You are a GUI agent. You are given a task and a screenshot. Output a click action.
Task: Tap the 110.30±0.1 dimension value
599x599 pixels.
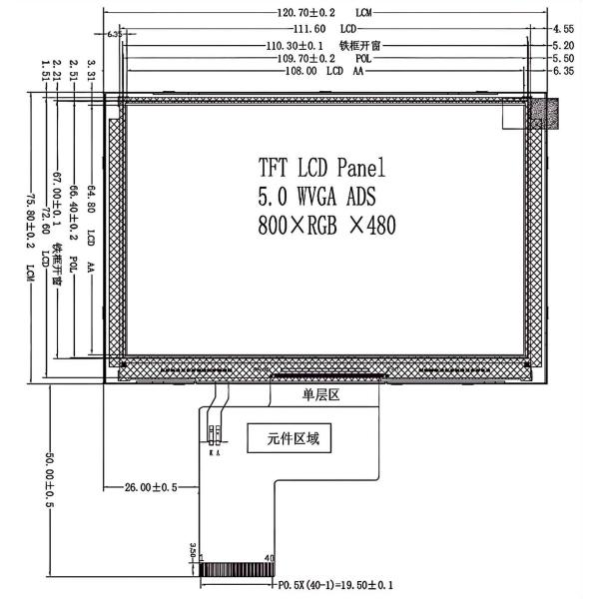point(296,46)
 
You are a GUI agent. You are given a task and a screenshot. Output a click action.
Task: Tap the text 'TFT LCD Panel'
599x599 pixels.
point(320,166)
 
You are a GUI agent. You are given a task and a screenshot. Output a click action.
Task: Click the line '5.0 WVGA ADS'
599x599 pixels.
point(316,195)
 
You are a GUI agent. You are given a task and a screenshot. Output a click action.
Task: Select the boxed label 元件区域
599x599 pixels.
point(290,437)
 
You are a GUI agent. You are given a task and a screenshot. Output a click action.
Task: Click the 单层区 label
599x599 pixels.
point(321,396)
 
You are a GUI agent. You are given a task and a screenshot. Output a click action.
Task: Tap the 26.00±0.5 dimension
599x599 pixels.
point(151,487)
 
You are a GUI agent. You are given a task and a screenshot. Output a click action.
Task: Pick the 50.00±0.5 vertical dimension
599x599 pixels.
point(46,477)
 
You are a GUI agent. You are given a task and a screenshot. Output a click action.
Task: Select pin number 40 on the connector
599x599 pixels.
point(269,558)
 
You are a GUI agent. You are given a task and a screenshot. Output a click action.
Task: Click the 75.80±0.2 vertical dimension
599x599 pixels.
point(31,215)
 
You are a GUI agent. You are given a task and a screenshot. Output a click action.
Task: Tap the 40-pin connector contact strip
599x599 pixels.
point(237,571)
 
